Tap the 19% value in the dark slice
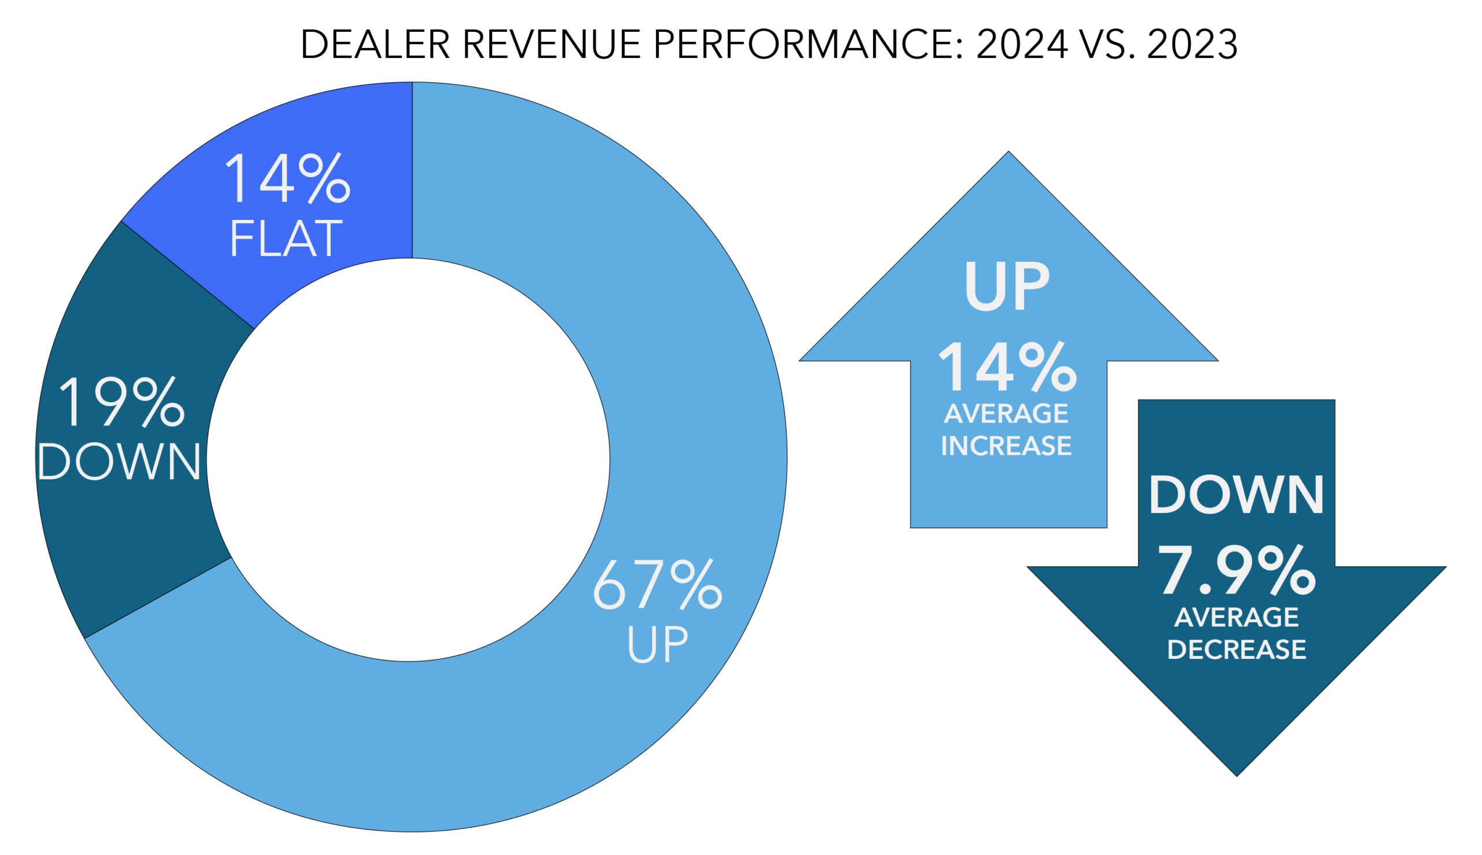click(122, 403)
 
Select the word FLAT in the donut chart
click(286, 238)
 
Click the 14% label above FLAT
click(287, 179)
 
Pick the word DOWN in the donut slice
click(120, 461)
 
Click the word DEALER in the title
click(375, 45)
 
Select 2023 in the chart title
click(1192, 45)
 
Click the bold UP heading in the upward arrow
click(1006, 288)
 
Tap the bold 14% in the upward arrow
click(1006, 368)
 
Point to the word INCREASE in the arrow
click(1006, 446)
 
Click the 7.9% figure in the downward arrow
click(1236, 571)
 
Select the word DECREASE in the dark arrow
click(1236, 649)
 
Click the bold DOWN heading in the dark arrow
click(1236, 495)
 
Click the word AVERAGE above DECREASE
click(1236, 618)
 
